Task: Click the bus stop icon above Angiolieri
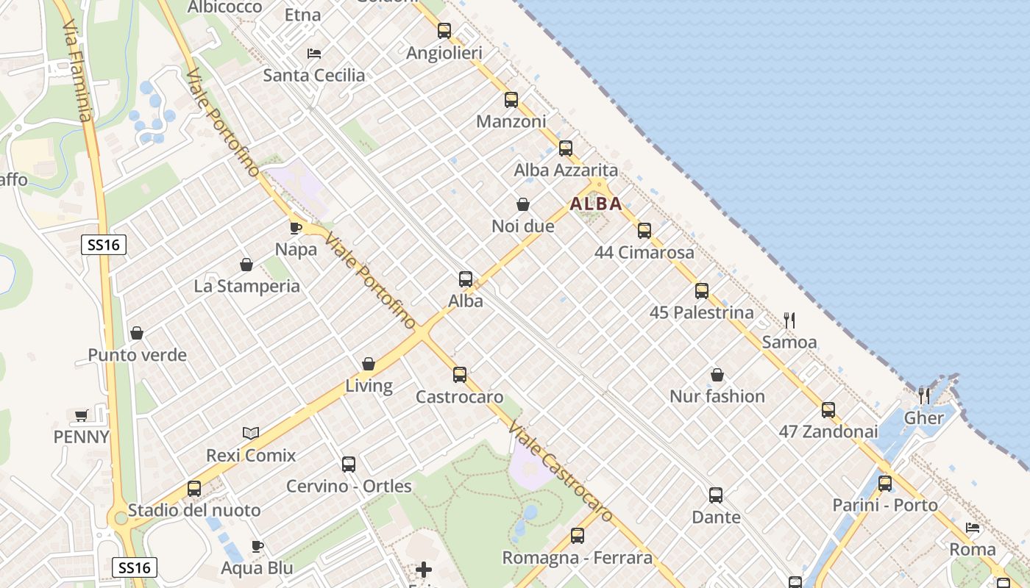(444, 31)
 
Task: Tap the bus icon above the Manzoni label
(511, 100)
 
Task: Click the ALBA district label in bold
(596, 204)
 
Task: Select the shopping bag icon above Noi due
(523, 204)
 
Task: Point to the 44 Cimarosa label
(644, 253)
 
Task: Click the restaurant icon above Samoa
(789, 320)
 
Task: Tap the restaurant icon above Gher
(924, 395)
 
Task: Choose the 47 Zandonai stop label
(828, 432)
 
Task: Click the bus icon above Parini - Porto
(885, 484)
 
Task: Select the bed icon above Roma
(973, 528)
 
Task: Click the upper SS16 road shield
(104, 245)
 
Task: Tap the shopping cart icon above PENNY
(82, 415)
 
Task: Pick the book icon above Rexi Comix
(251, 434)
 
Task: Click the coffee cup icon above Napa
(296, 228)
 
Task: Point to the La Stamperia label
(246, 286)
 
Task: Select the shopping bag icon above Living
(369, 364)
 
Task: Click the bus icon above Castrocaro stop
(460, 375)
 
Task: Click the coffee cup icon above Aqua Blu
(257, 546)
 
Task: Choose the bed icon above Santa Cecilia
(314, 54)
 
